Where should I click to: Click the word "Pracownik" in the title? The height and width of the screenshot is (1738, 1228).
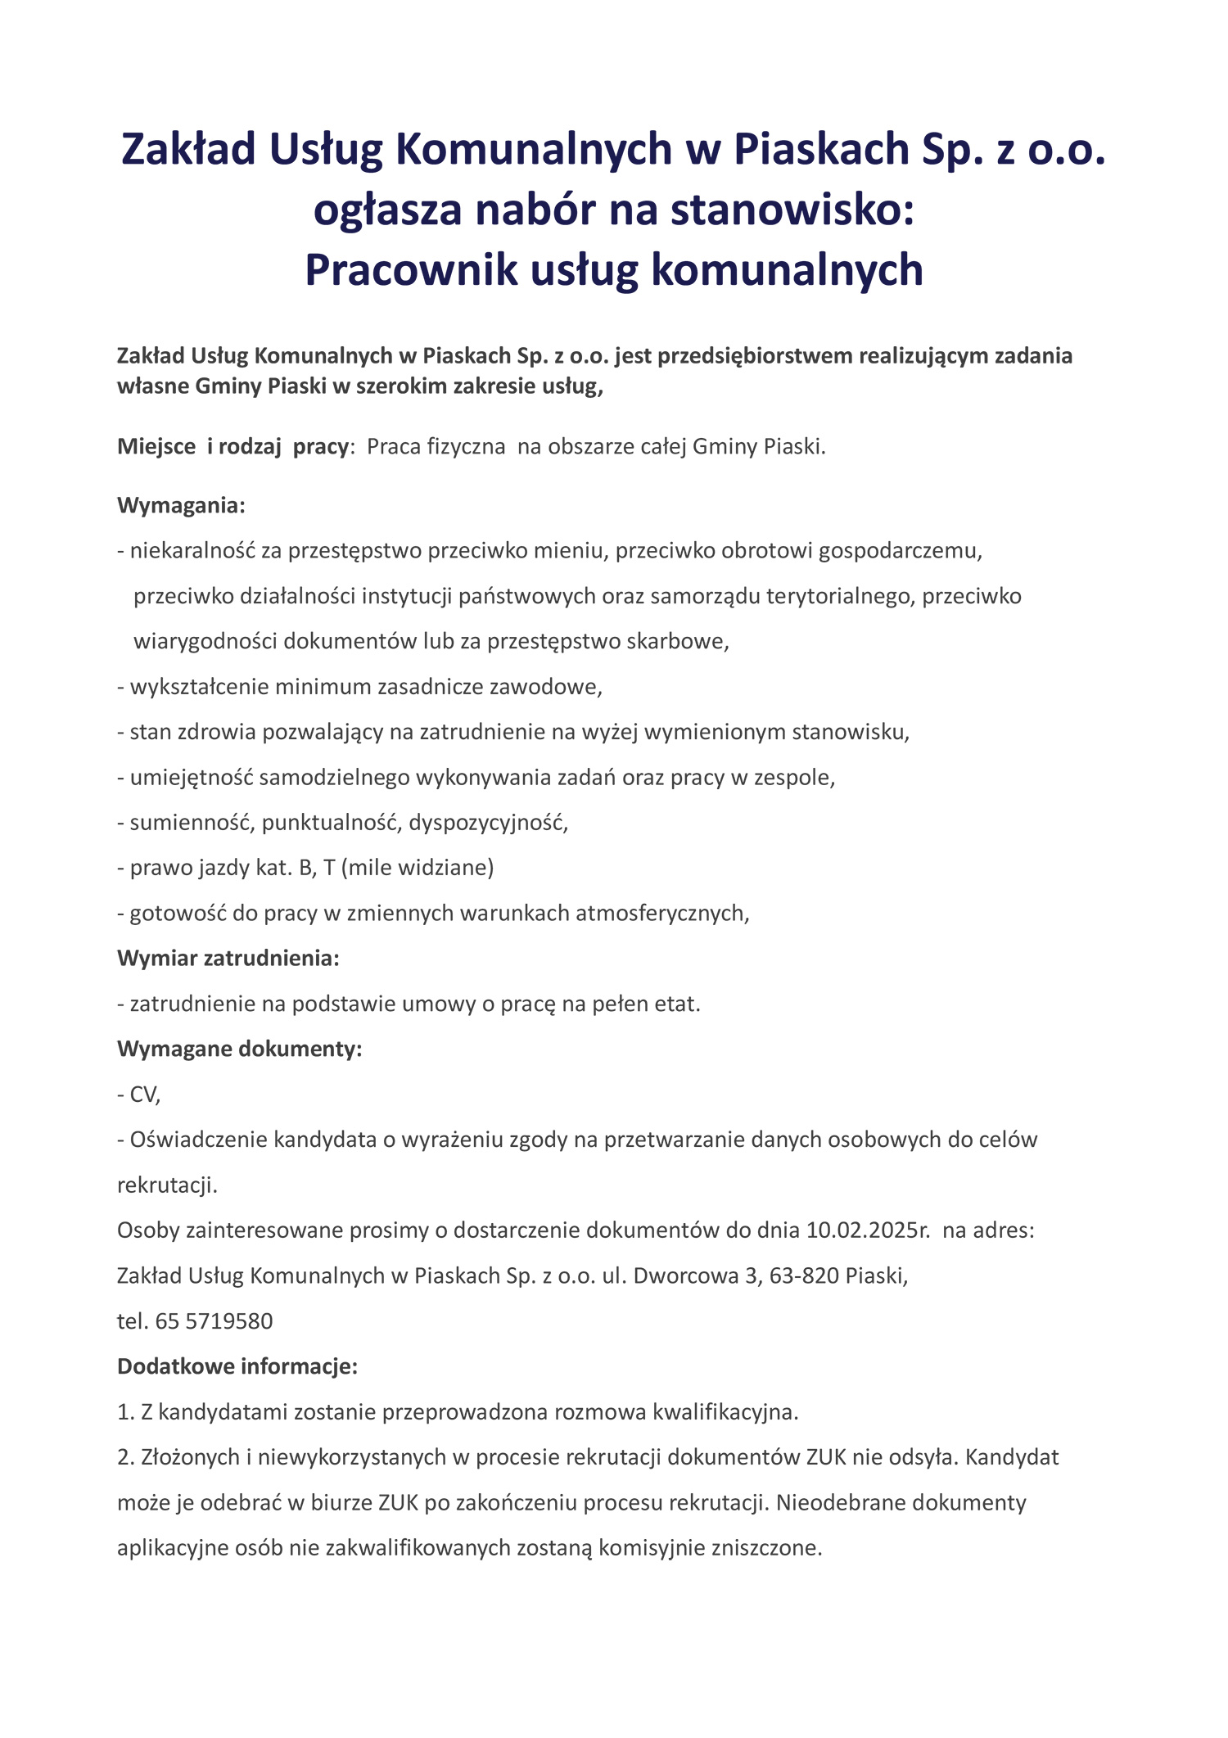[x=411, y=269]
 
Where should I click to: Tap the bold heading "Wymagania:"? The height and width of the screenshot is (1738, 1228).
[x=181, y=505]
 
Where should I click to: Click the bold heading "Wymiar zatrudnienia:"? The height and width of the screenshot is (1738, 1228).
[x=228, y=958]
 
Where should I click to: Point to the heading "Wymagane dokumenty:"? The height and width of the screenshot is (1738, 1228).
[x=239, y=1049]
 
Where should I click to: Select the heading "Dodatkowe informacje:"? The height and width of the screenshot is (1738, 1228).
[x=237, y=1366]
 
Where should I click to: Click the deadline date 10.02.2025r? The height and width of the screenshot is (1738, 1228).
[x=868, y=1230]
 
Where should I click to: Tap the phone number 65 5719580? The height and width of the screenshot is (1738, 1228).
[x=214, y=1320]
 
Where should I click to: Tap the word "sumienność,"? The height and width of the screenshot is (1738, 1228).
[x=192, y=822]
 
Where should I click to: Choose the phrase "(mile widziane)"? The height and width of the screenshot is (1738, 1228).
[x=418, y=868]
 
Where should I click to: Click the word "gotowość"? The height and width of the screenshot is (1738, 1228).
[x=178, y=913]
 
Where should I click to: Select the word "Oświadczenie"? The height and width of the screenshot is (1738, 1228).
[x=198, y=1140]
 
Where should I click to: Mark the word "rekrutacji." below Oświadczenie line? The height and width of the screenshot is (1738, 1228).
[x=167, y=1185]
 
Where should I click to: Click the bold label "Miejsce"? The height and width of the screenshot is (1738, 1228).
[x=156, y=446]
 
